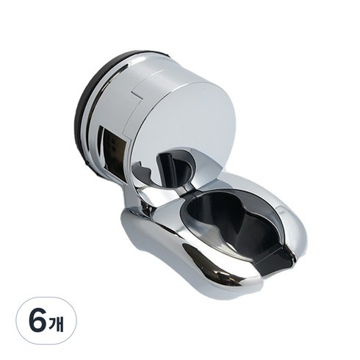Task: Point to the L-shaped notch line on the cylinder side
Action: pos(137,95)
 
